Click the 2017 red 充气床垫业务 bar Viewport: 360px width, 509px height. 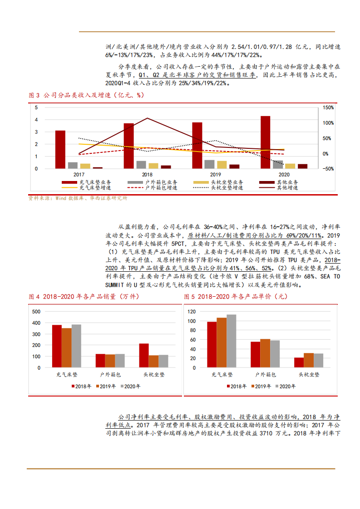60,150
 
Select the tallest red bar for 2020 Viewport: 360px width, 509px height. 266,142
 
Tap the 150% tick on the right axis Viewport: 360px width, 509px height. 328,108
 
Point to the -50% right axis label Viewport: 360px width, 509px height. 328,169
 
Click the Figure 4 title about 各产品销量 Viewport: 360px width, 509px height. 84,297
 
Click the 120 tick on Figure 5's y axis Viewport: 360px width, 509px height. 191,312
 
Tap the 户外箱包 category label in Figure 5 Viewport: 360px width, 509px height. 265,375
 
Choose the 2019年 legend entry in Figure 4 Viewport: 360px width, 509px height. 106,387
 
